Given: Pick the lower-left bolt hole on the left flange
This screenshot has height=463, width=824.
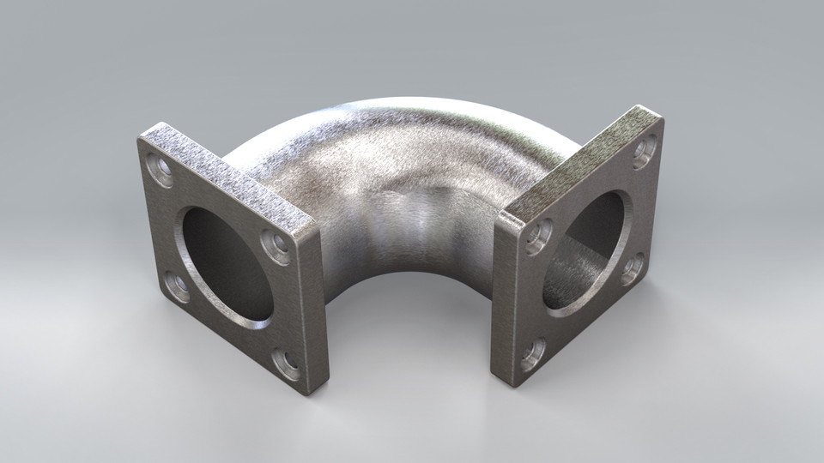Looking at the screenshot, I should tap(177, 286).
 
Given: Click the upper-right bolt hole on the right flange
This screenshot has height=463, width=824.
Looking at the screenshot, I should tap(645, 152).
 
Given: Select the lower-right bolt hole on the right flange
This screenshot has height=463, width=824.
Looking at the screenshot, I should tap(632, 268).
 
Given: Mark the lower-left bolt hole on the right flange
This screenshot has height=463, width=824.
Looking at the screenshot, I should tap(532, 353).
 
